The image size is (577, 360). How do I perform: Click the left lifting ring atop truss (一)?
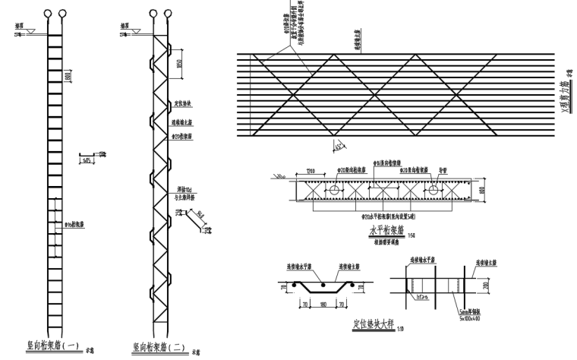(47, 13)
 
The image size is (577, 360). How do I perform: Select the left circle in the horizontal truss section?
(333, 191)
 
